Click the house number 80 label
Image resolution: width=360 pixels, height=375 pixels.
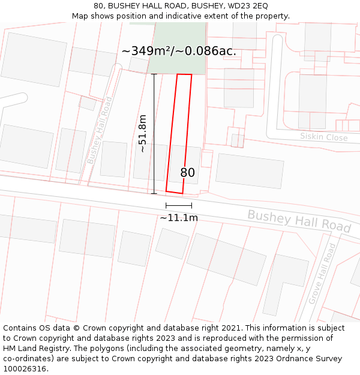tap(188, 173)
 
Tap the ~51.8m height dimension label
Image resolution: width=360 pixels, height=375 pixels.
tap(142, 133)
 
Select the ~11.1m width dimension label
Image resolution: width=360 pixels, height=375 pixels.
tap(179, 218)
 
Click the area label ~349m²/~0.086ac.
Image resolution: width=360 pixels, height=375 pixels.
tap(179, 51)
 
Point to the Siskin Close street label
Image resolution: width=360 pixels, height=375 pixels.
tap(324, 137)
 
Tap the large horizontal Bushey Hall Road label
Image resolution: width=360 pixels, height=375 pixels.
tap(299, 221)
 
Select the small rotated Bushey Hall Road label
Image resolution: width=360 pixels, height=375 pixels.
tap(100, 130)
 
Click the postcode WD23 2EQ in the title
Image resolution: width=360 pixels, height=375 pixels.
tap(248, 6)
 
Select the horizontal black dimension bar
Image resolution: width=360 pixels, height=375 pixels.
tap(179, 206)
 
